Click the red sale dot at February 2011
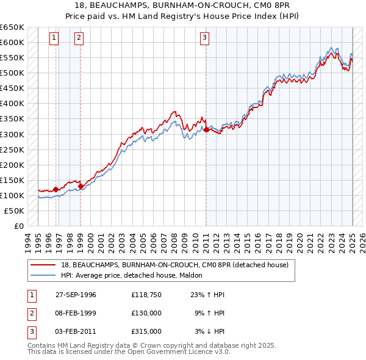(206, 129)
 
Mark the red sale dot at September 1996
(56, 189)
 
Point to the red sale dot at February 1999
(81, 185)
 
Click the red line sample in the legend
(45, 264)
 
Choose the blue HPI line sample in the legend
(45, 275)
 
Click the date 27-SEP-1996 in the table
(76, 295)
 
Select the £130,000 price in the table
(146, 313)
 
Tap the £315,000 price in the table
(146, 331)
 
